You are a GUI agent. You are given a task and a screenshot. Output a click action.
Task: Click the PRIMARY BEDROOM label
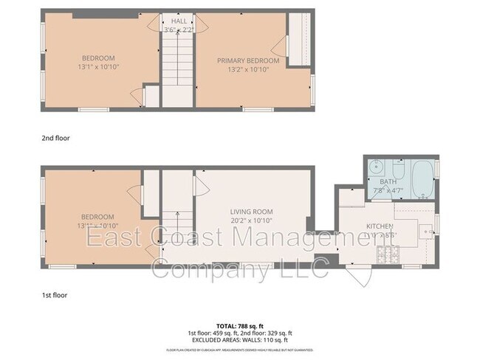pyautogui.click(x=247, y=60)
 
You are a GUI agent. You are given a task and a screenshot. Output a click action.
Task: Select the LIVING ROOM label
pyautogui.click(x=252, y=211)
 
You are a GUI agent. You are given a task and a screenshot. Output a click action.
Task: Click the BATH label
pyautogui.click(x=388, y=181)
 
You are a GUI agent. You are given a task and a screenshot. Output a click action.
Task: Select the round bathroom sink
pyautogui.click(x=375, y=167)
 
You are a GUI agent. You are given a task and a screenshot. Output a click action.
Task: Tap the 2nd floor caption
pyautogui.click(x=55, y=137)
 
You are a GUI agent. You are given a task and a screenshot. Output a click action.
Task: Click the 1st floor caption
pyautogui.click(x=55, y=295)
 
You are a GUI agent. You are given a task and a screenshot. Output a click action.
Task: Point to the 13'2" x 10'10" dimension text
pyautogui.click(x=247, y=69)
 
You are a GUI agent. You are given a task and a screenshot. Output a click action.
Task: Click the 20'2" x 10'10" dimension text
pyautogui.click(x=252, y=220)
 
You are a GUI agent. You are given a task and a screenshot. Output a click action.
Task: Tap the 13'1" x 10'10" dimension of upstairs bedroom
pyautogui.click(x=99, y=66)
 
